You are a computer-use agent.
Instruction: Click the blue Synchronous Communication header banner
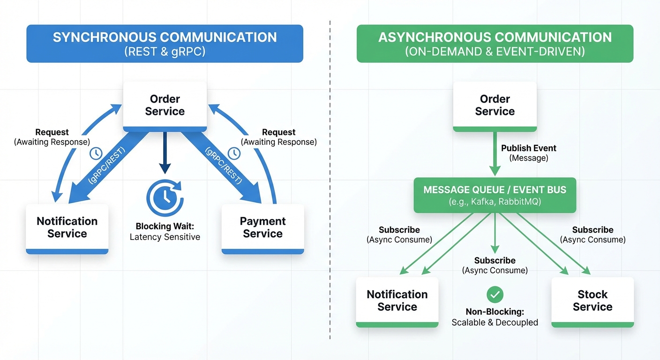(165, 44)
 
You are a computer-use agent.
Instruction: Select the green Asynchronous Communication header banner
(495, 44)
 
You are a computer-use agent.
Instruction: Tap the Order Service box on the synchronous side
(165, 105)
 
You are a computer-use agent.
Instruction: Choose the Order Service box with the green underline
(495, 105)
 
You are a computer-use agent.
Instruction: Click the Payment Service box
(262, 228)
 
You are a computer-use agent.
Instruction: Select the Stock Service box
(592, 301)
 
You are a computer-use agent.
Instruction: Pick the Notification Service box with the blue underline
(67, 228)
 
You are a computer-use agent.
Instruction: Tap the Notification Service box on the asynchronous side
(397, 301)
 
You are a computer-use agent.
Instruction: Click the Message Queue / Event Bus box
(495, 195)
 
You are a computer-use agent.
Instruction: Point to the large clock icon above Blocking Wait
(165, 198)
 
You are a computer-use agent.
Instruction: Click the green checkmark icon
(495, 294)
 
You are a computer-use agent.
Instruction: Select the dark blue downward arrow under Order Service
(165, 152)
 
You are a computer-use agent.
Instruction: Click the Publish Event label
(528, 148)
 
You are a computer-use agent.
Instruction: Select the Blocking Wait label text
(165, 226)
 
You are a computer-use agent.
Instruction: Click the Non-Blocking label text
(495, 312)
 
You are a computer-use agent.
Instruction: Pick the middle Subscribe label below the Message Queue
(495, 261)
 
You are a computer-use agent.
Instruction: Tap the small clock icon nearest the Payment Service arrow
(234, 153)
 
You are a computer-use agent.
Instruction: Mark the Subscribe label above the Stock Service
(592, 230)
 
